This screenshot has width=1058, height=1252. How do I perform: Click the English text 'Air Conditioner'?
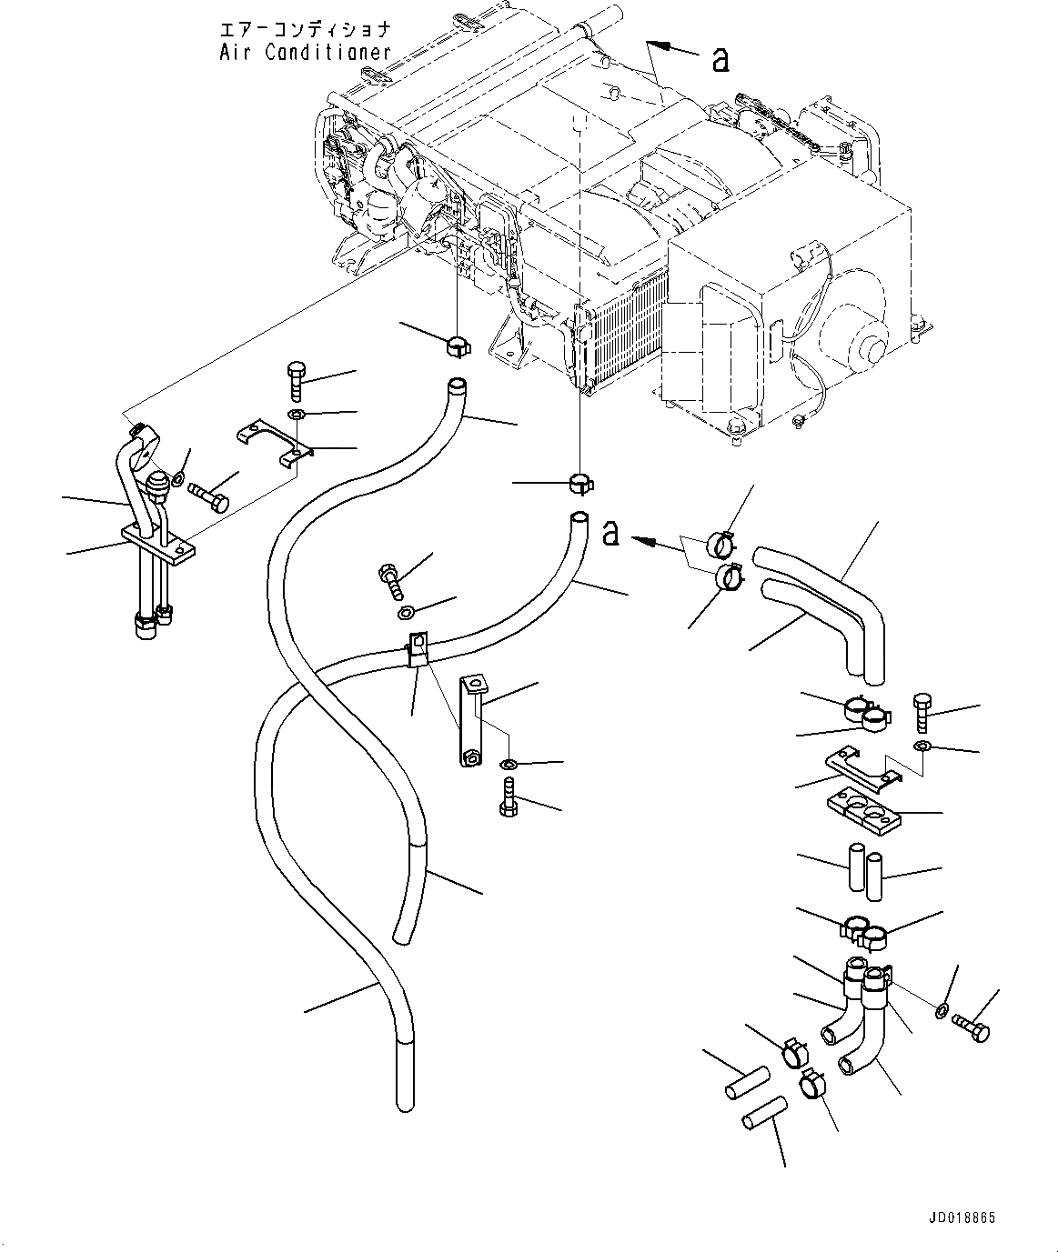pos(306,53)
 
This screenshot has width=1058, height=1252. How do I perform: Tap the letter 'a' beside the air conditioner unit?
pos(720,60)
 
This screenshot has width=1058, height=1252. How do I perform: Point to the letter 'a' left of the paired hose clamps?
pos(611,533)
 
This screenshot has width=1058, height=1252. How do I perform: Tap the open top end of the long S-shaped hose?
pos(458,386)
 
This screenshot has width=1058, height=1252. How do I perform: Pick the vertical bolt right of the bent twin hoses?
pos(922,712)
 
